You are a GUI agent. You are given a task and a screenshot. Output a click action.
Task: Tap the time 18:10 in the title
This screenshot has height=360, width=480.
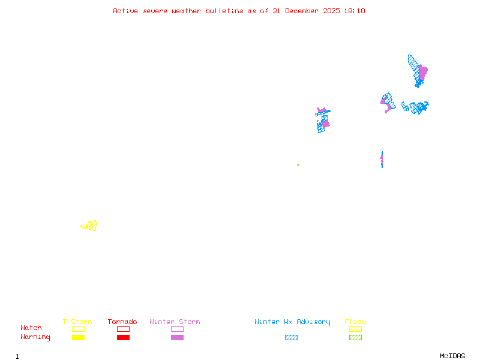(x=355, y=11)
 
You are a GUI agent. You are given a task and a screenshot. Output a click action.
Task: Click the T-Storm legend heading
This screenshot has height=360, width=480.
(x=77, y=322)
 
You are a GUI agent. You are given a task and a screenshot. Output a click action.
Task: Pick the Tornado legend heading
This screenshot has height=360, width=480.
(x=122, y=322)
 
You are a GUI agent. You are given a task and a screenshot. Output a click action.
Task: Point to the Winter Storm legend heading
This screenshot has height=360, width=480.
(x=175, y=322)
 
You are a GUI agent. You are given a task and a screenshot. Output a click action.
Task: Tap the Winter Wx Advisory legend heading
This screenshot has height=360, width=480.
(x=292, y=322)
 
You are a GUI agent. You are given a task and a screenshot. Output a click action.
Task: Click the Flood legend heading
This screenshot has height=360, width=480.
(x=355, y=322)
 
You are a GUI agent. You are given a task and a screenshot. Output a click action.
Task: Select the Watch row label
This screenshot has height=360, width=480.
(x=31, y=328)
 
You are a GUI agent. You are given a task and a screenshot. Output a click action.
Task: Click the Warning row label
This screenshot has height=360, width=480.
(x=35, y=337)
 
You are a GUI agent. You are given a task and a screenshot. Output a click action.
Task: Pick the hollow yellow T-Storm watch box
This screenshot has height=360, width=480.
(x=78, y=329)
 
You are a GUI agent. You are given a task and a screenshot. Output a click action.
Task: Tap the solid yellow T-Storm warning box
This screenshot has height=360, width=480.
(x=78, y=337)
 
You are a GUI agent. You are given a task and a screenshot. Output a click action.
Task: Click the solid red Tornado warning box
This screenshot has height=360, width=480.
(x=123, y=337)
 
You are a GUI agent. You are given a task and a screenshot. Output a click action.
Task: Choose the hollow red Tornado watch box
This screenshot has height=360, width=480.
(x=123, y=329)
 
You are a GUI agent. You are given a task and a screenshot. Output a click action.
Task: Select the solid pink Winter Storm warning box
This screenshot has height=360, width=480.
(x=177, y=337)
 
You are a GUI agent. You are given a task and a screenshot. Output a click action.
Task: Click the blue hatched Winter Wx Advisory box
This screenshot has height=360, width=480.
(x=291, y=337)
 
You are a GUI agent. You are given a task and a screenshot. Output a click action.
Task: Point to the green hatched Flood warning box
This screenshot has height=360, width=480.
(x=355, y=337)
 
